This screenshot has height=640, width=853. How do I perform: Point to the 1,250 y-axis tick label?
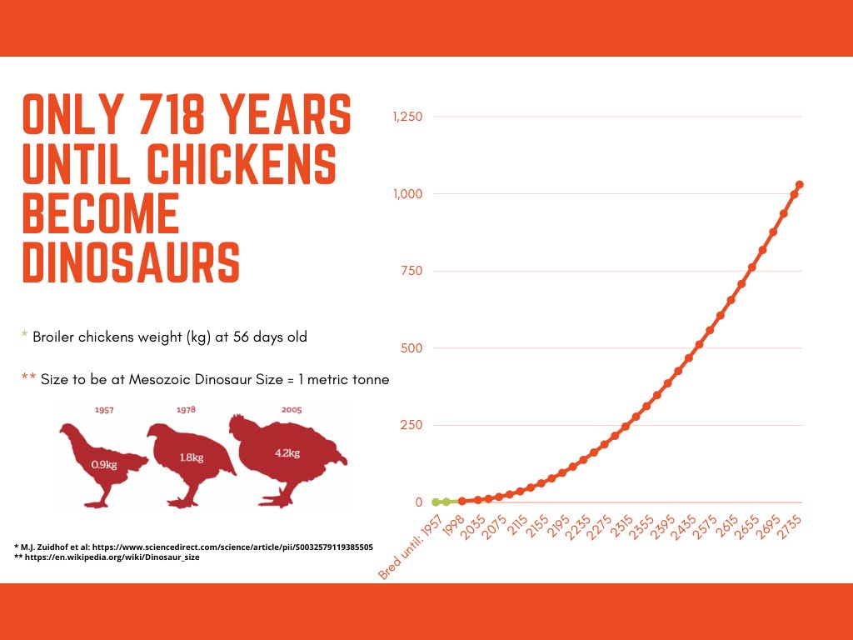pyautogui.click(x=407, y=117)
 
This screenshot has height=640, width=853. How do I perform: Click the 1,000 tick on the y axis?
pyautogui.click(x=407, y=194)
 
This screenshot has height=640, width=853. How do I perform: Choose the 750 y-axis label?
pyautogui.click(x=412, y=271)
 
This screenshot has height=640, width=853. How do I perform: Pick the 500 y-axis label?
pyautogui.click(x=412, y=348)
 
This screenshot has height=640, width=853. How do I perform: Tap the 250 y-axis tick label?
pyautogui.click(x=412, y=425)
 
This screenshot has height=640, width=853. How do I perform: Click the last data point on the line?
pyautogui.click(x=799, y=184)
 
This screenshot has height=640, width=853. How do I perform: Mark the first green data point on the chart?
pyautogui.click(x=436, y=502)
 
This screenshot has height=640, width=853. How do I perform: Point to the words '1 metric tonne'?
pyautogui.click(x=346, y=379)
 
